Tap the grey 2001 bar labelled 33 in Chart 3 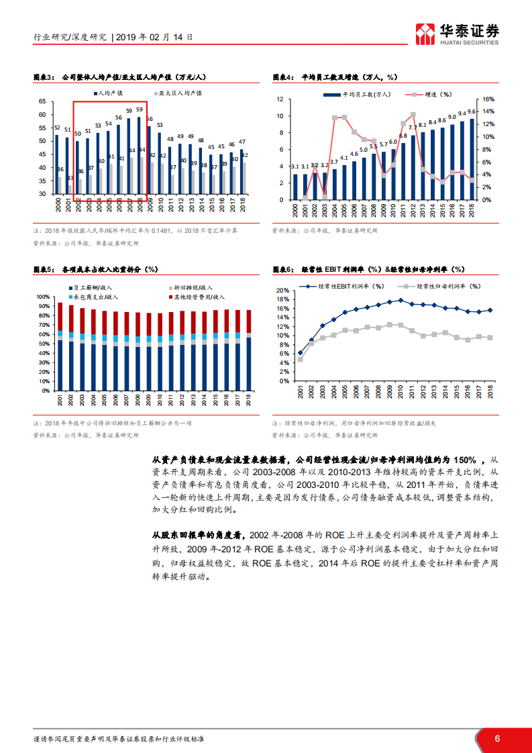[x=70, y=186]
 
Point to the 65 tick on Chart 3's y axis [x=42, y=101]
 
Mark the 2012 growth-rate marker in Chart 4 [x=413, y=115]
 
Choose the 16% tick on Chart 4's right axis [x=489, y=99]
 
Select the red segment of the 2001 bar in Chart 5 [x=60, y=316]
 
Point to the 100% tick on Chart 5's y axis [x=42, y=297]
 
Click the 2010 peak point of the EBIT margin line [x=401, y=300]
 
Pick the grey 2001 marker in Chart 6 [x=300, y=359]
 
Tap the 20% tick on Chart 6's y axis [x=283, y=291]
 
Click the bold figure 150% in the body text [x=465, y=460]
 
